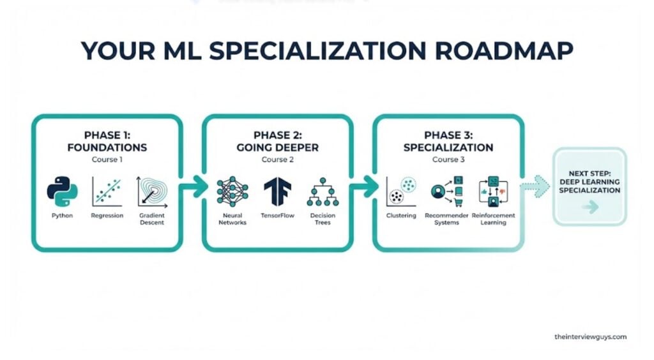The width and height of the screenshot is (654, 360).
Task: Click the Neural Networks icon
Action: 232,191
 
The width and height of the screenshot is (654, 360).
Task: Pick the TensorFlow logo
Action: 277,191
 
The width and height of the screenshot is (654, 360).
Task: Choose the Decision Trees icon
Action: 323,191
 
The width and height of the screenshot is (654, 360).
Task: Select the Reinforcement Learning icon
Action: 492,191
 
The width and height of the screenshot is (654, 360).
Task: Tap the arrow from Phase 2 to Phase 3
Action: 363,187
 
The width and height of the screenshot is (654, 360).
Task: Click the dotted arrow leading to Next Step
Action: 535,187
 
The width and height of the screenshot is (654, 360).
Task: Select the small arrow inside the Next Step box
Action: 590,207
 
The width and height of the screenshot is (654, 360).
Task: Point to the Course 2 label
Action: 277,159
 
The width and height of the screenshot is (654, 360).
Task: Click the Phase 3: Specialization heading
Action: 448,141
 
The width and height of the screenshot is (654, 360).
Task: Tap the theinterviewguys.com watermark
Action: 590,336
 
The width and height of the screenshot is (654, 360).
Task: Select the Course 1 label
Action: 107,159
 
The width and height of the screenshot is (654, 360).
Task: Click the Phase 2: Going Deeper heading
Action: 277,141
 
